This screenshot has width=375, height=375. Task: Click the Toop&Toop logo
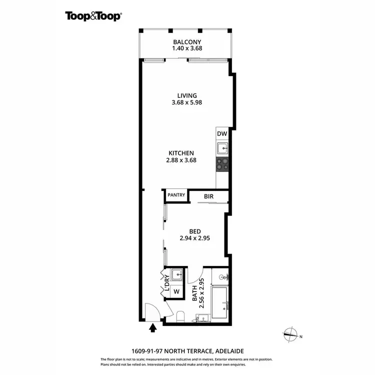(93, 15)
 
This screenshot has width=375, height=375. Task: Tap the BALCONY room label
(187, 42)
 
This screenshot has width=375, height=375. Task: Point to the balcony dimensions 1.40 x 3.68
(187, 49)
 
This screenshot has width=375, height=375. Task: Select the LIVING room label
(187, 95)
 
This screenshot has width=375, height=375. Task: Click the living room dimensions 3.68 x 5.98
(187, 102)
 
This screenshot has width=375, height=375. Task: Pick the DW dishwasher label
(222, 134)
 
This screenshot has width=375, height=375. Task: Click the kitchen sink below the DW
(222, 148)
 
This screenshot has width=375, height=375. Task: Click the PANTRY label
(176, 195)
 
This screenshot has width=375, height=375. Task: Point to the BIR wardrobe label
(208, 196)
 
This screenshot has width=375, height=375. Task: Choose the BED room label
(194, 231)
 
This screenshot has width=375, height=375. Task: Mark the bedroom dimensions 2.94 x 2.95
(194, 238)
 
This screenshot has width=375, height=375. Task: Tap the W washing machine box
(176, 291)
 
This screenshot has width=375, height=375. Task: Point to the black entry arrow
(153, 328)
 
